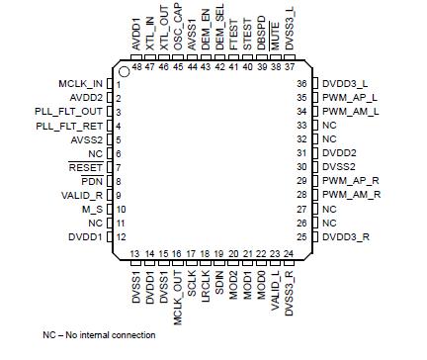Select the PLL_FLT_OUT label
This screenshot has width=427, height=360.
click(x=73, y=113)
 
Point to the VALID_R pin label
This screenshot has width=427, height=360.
click(x=87, y=196)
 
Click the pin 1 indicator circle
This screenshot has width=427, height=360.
click(x=124, y=72)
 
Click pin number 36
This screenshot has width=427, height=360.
click(x=302, y=85)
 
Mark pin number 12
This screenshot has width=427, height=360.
click(x=118, y=237)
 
